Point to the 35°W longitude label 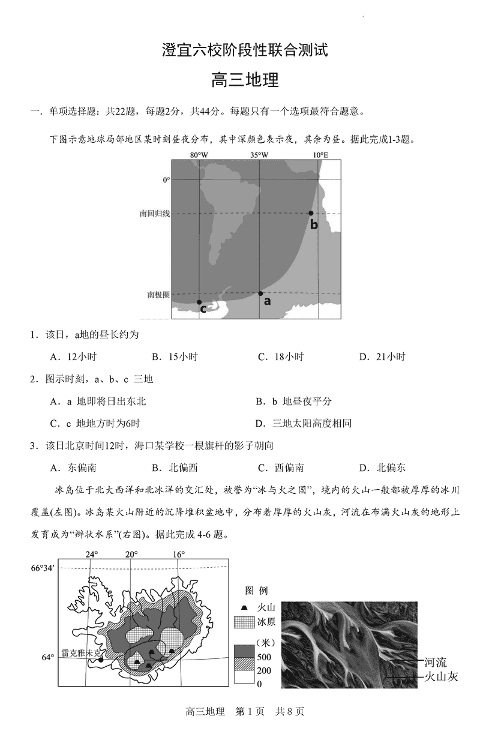click(259, 155)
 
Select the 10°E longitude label click(320, 155)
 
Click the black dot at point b click(311, 214)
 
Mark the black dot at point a click(260, 293)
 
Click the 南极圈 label click(158, 295)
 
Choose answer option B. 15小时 click(175, 356)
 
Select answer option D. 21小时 click(382, 356)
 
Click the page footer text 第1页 click(249, 712)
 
